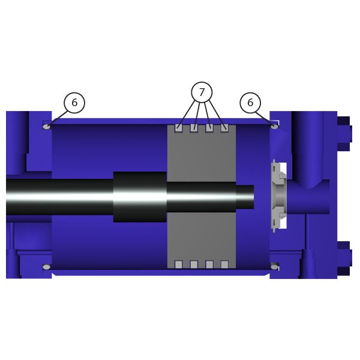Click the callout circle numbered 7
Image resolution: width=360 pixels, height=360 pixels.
(x=202, y=92)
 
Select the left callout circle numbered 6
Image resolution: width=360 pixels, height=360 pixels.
(x=74, y=103)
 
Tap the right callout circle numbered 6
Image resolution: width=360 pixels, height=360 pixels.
(x=250, y=103)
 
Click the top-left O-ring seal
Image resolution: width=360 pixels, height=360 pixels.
(x=47, y=126)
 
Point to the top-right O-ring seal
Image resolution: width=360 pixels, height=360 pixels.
(x=274, y=126)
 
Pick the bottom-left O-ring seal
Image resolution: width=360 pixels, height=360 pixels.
(x=47, y=267)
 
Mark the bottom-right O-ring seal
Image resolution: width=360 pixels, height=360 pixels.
(x=274, y=266)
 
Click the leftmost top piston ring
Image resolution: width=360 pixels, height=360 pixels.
(x=179, y=128)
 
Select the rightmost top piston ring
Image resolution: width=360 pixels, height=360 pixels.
(x=224, y=128)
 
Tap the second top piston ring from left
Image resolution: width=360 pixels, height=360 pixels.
(x=194, y=128)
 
